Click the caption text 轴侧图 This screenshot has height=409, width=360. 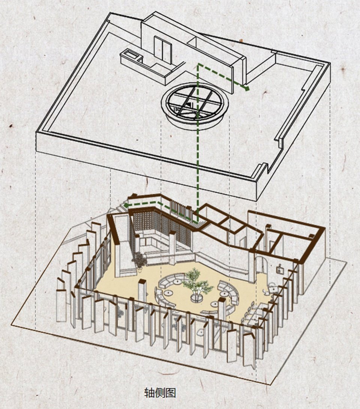tap(160, 393)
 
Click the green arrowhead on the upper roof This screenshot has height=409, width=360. tap(246, 88)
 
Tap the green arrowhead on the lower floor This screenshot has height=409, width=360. tap(126, 205)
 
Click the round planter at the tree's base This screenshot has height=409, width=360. tap(197, 298)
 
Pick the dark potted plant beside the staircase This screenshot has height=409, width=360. tap(139, 260)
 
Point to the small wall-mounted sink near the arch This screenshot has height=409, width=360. tap(280, 269)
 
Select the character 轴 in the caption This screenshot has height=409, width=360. tap(149, 393)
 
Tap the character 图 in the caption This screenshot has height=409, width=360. tap(171, 393)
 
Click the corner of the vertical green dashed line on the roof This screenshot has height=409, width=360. tap(198, 64)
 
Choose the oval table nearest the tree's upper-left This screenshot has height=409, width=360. tap(178, 282)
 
